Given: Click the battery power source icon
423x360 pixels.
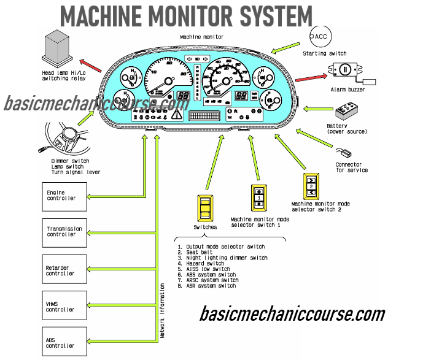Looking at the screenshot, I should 351,113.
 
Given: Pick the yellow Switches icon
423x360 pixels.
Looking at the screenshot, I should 205,209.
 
